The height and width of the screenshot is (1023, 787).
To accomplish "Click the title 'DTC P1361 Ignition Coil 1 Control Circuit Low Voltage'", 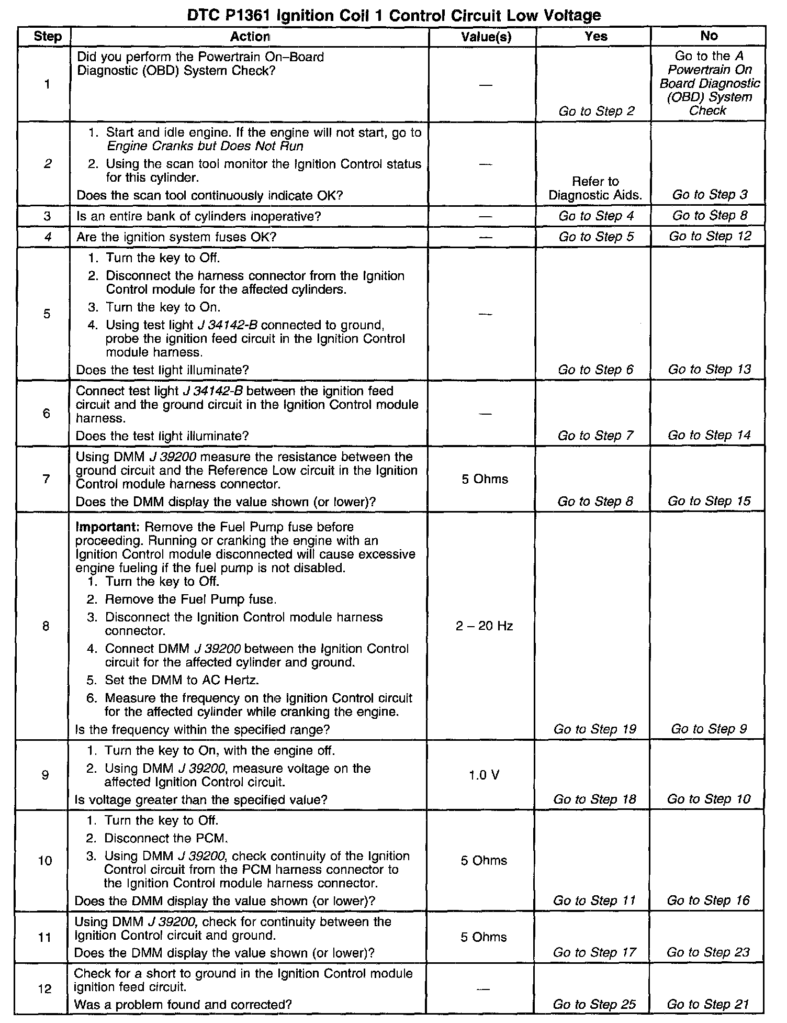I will pos(393,15).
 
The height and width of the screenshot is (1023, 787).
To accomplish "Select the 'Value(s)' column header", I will pos(486,37).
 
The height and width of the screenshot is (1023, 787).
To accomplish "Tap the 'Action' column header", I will pos(250,37).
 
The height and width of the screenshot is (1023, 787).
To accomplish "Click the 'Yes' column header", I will pos(596,36).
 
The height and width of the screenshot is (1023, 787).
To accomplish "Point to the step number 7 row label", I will pos(47,479).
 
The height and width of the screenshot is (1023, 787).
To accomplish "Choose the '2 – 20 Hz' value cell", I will pos(484,626).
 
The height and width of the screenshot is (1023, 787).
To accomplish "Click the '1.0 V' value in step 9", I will pos(484,775).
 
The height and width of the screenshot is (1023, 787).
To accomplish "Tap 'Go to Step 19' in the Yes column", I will pos(594,729).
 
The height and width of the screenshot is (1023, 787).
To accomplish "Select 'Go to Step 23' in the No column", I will pos(708,952).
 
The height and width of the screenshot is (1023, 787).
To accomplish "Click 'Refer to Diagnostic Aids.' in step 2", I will pos(595,188).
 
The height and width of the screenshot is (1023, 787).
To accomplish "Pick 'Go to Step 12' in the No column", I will pos(710,237).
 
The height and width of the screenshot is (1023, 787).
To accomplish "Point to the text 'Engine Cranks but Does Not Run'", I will pos(205,146).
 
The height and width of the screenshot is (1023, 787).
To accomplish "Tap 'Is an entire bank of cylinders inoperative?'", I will pos(198,216).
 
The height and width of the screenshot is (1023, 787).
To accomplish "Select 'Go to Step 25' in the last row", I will pos(594,1005).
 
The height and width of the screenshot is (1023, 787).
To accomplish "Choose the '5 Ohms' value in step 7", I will pos(485,479).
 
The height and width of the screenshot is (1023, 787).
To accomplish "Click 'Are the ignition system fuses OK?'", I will pos(176,237).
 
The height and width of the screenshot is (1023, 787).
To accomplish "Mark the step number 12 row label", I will pos(45,989).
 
